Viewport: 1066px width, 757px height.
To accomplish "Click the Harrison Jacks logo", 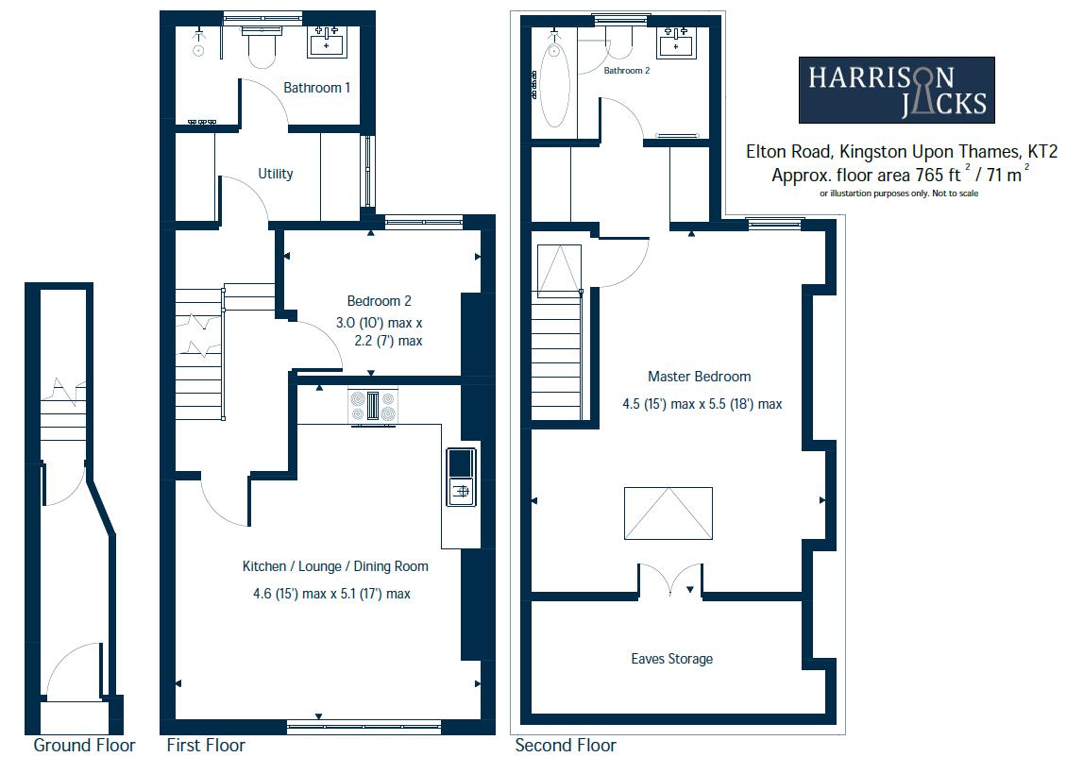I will (x=896, y=90).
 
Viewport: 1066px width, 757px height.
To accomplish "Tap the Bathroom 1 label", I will (x=317, y=88).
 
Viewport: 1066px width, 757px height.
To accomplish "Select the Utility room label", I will (x=276, y=174).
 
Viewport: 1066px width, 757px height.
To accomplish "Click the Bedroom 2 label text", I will (x=379, y=301).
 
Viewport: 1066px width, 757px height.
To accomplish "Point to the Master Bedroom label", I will (x=699, y=377).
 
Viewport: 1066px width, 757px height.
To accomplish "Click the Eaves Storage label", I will (x=671, y=659).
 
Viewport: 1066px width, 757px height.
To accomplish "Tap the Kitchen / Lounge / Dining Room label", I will (x=335, y=566).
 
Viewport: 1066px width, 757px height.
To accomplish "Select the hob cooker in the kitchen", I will (x=372, y=407).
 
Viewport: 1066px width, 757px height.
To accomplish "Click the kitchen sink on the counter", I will (x=460, y=477).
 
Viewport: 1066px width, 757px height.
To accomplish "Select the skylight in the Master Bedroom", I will (x=668, y=513).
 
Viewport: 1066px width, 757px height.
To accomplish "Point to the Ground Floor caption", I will (x=84, y=745).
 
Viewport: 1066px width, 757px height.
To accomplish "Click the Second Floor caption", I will (x=566, y=745).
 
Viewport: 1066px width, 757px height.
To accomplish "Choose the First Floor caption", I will (x=205, y=745).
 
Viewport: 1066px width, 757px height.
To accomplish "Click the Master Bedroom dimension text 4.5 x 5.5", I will (x=702, y=404).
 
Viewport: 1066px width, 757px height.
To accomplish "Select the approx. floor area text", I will (x=899, y=175).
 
